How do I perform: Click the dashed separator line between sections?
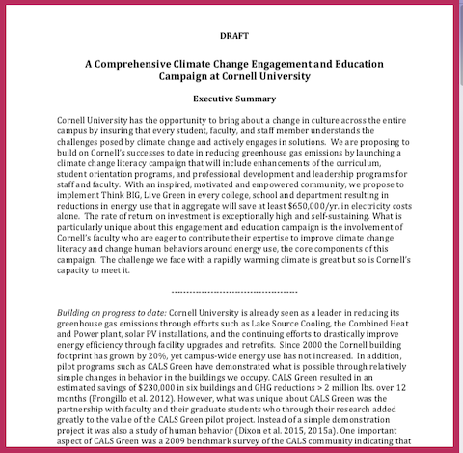pyautogui.click(x=231, y=289)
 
